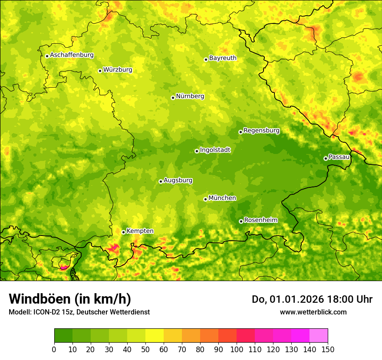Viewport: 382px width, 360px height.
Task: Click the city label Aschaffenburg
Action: click(x=72, y=55)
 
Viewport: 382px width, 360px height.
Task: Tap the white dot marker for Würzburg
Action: click(x=100, y=71)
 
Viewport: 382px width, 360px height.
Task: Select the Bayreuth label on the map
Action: click(x=223, y=58)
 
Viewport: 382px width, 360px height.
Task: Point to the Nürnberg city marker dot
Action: click(x=173, y=98)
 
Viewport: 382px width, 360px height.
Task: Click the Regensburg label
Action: click(x=261, y=130)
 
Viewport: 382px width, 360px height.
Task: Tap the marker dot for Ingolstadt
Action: click(x=197, y=151)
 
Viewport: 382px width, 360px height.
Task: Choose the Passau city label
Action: click(x=339, y=157)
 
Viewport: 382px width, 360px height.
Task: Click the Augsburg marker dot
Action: click(x=161, y=181)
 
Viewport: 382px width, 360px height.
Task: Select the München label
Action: click(x=222, y=198)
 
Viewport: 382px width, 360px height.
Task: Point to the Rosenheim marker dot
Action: click(x=241, y=221)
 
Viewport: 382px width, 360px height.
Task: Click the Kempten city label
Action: click(x=140, y=231)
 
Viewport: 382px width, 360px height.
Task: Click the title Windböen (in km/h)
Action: click(x=69, y=299)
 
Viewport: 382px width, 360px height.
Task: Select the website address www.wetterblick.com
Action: click(x=313, y=312)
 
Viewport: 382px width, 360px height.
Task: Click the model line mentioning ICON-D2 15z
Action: click(x=79, y=312)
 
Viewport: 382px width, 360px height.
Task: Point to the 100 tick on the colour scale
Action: click(x=237, y=350)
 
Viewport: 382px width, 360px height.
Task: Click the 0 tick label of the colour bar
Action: click(x=54, y=350)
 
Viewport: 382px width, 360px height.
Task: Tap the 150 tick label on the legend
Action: click(x=328, y=350)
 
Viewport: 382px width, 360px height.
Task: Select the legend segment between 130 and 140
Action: click(x=300, y=335)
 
